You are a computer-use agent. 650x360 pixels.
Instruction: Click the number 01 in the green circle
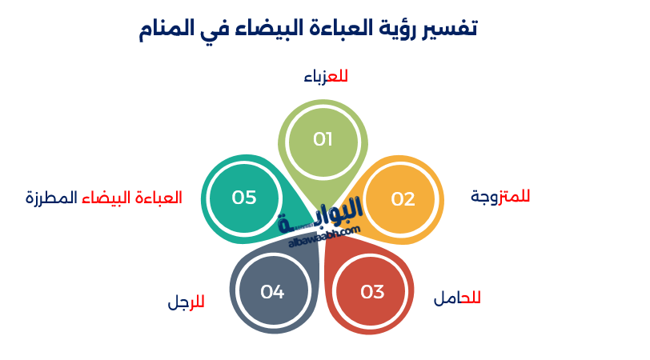point(323,139)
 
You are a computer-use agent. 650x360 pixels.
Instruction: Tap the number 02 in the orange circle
point(403,199)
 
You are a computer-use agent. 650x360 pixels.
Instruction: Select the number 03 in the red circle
point(372,292)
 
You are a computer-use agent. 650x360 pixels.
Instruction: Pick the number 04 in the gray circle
point(272,292)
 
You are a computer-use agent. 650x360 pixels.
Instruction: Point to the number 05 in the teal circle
point(244,198)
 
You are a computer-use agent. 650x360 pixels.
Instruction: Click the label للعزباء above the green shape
point(326,77)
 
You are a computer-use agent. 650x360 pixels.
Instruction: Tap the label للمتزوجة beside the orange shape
point(500,196)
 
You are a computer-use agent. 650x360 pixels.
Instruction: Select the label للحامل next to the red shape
point(457,298)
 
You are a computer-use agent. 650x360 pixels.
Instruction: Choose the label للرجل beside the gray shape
point(186,302)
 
